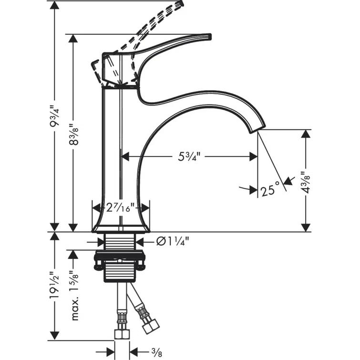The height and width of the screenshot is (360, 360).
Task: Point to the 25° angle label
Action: [267, 190]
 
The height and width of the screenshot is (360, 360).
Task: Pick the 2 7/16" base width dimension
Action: [121, 208]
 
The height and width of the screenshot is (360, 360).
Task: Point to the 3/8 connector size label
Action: [156, 353]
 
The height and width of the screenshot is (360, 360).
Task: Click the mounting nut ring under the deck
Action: [120, 258]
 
